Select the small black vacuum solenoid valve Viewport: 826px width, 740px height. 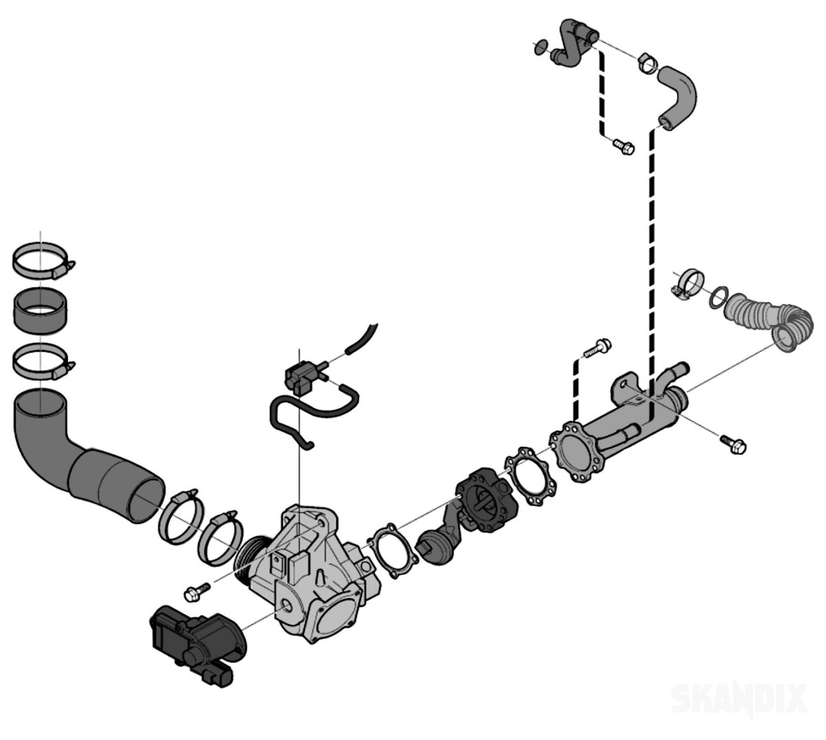coord(300,376)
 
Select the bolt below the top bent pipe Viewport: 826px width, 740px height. coord(623,147)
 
